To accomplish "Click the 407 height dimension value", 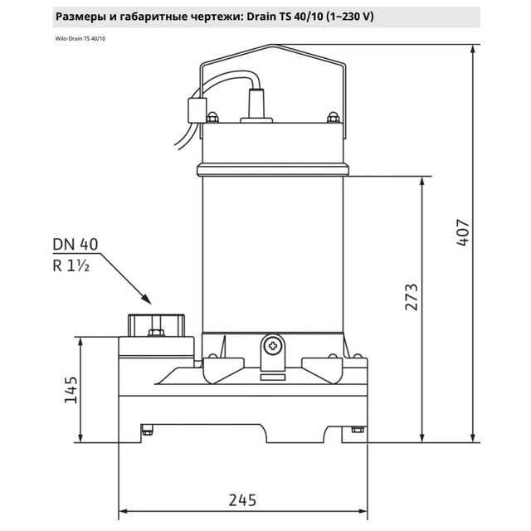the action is point(463,232).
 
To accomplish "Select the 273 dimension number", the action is point(412,297).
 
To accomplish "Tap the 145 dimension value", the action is point(71,390).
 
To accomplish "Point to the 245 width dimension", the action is point(242,499).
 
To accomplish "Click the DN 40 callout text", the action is point(76,244).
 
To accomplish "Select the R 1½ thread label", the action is point(71,265).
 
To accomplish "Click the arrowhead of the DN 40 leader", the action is point(146,299).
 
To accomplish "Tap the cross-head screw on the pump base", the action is point(273,346).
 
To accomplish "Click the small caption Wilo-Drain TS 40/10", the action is point(80,39).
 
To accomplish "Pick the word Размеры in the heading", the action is point(80,17).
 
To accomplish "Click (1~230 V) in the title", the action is point(350,17).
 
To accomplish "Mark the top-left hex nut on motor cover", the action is point(212,117).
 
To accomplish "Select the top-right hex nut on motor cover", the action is point(334,117).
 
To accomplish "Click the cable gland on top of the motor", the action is point(256,105).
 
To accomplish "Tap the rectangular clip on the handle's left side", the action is point(197,110).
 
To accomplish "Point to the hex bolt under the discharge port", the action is point(156,332).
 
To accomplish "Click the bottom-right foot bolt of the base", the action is point(358,430).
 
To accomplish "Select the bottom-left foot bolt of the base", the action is point(147,430).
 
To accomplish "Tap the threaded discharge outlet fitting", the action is point(156,325).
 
